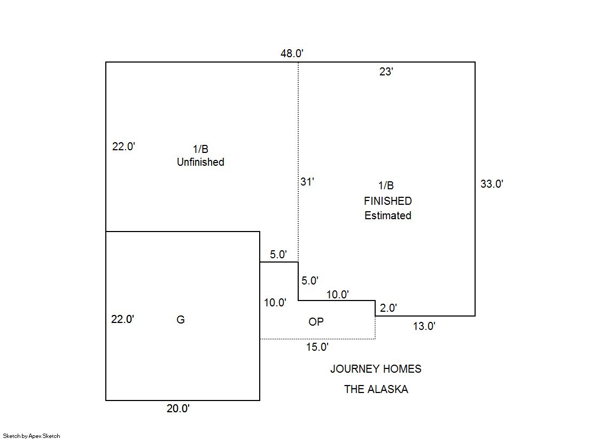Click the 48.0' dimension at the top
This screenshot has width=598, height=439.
click(292, 53)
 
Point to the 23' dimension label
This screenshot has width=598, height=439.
click(386, 72)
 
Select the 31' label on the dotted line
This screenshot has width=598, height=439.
click(307, 182)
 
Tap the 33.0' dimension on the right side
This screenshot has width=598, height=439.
click(492, 184)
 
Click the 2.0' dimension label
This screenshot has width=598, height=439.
click(388, 307)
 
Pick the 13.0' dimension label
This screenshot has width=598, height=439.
click(424, 326)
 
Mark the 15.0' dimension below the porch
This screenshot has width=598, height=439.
click(317, 347)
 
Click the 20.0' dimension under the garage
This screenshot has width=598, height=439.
click(178, 409)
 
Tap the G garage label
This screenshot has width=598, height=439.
click(181, 320)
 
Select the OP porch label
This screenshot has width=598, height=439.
click(316, 322)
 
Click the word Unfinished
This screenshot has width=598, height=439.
click(200, 162)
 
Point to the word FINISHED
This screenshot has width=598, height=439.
click(388, 201)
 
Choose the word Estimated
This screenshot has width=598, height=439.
click(388, 215)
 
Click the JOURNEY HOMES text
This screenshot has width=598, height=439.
click(376, 369)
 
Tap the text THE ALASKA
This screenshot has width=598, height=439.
click(376, 389)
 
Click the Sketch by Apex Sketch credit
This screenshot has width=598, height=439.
click(32, 436)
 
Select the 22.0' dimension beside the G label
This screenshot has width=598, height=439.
click(122, 319)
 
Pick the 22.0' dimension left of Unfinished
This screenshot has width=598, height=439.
click(123, 147)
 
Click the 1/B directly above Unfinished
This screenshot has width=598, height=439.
click(200, 149)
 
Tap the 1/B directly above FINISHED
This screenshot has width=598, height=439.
click(386, 186)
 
